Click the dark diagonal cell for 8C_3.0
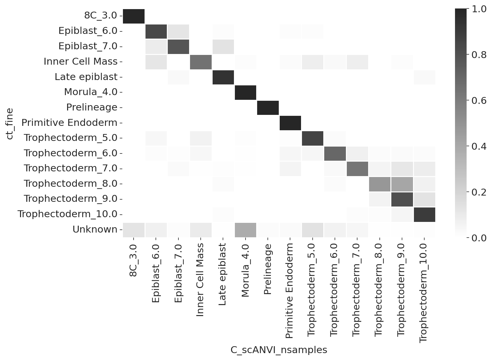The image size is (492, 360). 134,16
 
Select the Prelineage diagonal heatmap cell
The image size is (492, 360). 268,108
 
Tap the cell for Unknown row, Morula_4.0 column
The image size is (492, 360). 246,230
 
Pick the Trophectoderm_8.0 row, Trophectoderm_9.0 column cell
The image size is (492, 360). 402,184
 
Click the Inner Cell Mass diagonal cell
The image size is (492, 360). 201,62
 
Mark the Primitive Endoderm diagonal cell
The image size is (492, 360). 290,123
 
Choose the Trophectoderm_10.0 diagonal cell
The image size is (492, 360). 424,215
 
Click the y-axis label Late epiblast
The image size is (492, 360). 86,77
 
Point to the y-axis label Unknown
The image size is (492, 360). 95,230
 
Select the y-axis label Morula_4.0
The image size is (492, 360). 91,92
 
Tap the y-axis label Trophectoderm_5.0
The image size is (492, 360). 71,138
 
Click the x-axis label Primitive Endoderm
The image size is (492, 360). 290,291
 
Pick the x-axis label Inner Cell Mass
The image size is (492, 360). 200,280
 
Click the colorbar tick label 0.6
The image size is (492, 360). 479,101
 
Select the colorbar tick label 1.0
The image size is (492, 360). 479,9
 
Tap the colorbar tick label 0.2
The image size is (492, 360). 479,192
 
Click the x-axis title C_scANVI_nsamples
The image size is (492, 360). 279,350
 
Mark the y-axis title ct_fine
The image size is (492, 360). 10,124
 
